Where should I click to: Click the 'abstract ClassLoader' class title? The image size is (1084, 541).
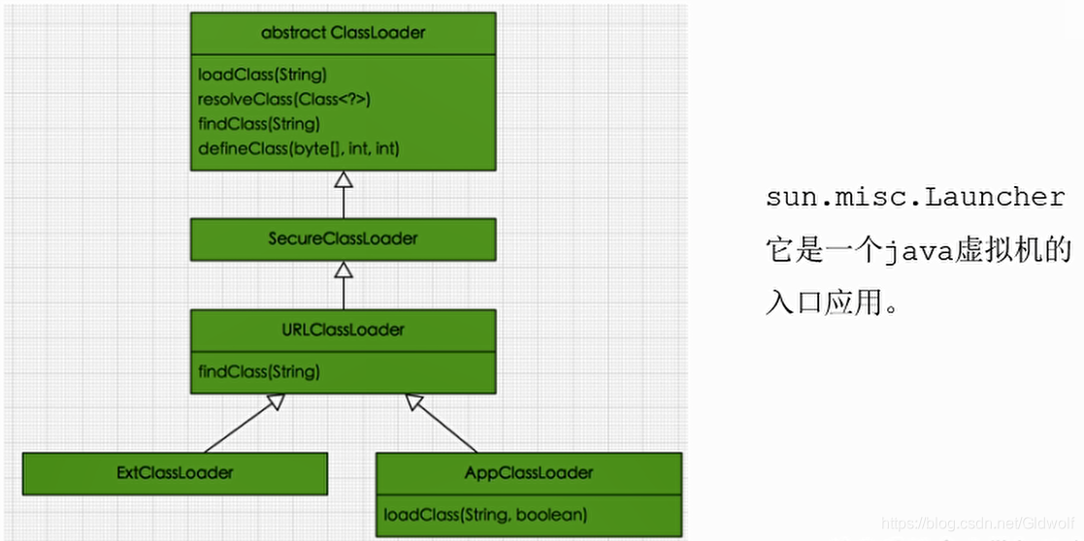click(343, 33)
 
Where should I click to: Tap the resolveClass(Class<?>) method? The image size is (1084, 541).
click(284, 100)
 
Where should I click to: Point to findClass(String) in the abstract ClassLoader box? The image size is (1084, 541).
click(259, 124)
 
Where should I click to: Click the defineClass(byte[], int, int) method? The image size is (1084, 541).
click(299, 148)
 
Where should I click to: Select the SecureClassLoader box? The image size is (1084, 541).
click(343, 239)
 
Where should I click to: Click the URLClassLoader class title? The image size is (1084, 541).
click(343, 330)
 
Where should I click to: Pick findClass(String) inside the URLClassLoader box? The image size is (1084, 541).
click(259, 371)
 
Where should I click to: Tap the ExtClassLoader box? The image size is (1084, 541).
click(175, 473)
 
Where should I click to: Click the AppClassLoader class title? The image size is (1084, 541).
click(529, 473)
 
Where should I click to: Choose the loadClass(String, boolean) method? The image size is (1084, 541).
click(485, 515)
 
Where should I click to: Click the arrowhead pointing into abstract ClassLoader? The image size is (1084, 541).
click(343, 179)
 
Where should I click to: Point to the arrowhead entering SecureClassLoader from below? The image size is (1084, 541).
click(343, 270)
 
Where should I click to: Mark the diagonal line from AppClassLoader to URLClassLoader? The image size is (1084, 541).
click(445, 426)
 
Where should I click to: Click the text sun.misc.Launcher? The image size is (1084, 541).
click(915, 198)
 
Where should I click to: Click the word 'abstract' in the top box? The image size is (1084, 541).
click(294, 33)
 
